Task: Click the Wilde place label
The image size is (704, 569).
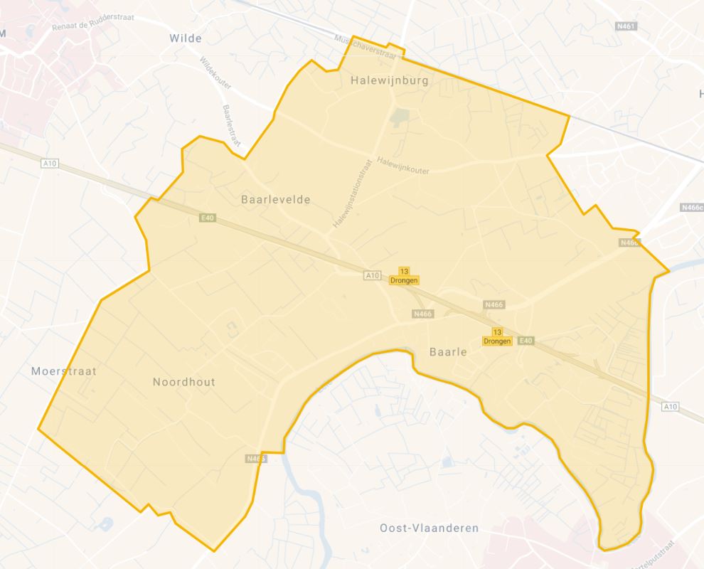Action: [x=186, y=38]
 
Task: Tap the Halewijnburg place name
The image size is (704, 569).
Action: [x=390, y=81]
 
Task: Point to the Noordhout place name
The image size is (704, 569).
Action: [x=183, y=382]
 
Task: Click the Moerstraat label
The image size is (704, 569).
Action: [x=64, y=371]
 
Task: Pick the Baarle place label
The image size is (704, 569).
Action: [x=448, y=351]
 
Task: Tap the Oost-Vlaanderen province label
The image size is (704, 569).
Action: [x=429, y=528]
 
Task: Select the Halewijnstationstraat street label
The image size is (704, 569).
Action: [x=352, y=193]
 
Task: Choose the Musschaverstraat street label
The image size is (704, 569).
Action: [x=366, y=47]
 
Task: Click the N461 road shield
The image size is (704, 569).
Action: [x=625, y=26]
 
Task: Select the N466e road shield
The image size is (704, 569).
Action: [x=692, y=208]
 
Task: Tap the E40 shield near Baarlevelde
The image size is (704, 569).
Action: [x=206, y=217]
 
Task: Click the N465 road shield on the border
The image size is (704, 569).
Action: [x=256, y=459]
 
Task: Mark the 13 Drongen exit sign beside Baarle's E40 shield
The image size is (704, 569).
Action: [x=497, y=337]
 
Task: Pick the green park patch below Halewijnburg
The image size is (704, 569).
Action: [x=401, y=115]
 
